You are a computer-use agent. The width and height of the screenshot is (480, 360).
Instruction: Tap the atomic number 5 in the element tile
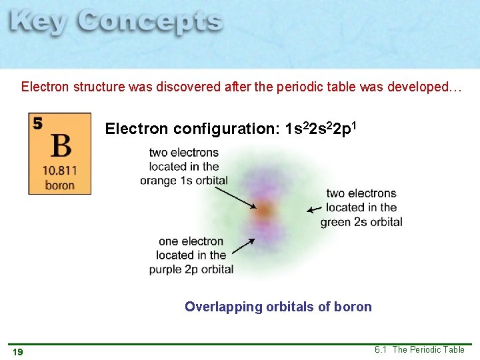point(37,123)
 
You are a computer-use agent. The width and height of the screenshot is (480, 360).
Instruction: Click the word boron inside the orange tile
point(60,185)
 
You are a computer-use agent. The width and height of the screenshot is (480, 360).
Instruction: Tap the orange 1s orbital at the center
point(264,211)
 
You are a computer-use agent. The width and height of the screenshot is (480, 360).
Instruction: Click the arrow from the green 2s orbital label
point(314,209)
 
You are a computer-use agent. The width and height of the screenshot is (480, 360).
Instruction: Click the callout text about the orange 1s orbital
point(184,167)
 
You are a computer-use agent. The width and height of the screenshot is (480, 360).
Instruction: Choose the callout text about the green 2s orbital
point(361,207)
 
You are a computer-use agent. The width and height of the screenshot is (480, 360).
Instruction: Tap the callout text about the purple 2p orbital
point(191,255)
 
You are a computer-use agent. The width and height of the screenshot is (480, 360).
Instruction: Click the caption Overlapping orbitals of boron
point(278,307)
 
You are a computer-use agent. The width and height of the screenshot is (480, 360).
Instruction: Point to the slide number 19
point(18,351)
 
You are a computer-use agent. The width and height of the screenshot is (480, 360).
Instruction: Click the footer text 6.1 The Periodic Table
point(419,350)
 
